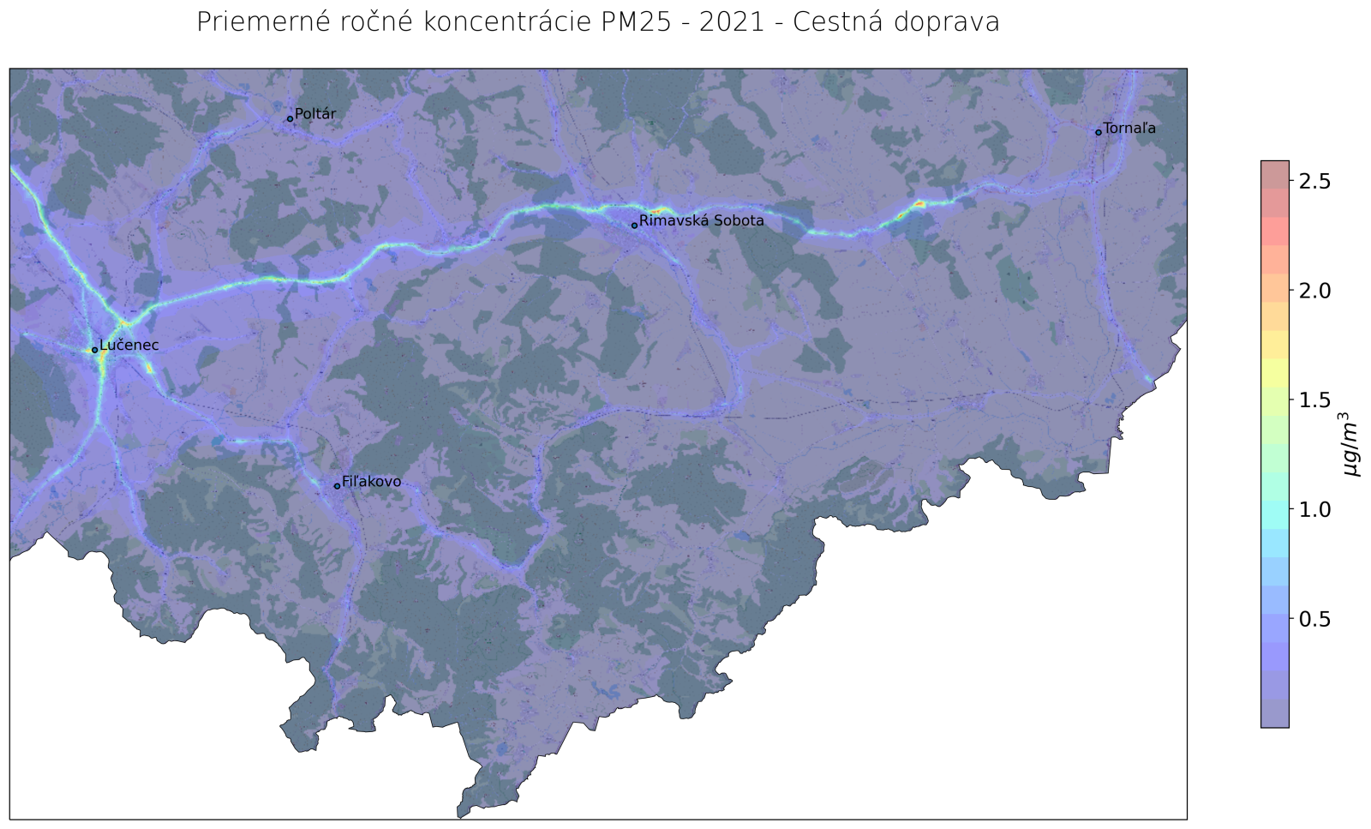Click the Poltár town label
click(x=315, y=114)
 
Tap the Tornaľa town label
click(x=1129, y=129)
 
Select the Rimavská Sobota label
click(x=701, y=221)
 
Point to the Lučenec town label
click(x=129, y=345)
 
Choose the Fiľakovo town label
click(x=371, y=483)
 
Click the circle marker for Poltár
click(x=290, y=118)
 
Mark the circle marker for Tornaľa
click(x=1098, y=132)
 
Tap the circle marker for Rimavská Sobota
click(x=634, y=225)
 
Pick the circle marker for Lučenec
click(x=94, y=350)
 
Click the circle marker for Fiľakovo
click(x=337, y=486)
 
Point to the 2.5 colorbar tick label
click(x=1314, y=181)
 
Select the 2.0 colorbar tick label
click(x=1314, y=291)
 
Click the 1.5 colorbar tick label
click(x=1314, y=400)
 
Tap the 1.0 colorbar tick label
click(x=1314, y=509)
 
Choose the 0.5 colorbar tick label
click(x=1314, y=619)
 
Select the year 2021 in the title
click(x=731, y=22)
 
